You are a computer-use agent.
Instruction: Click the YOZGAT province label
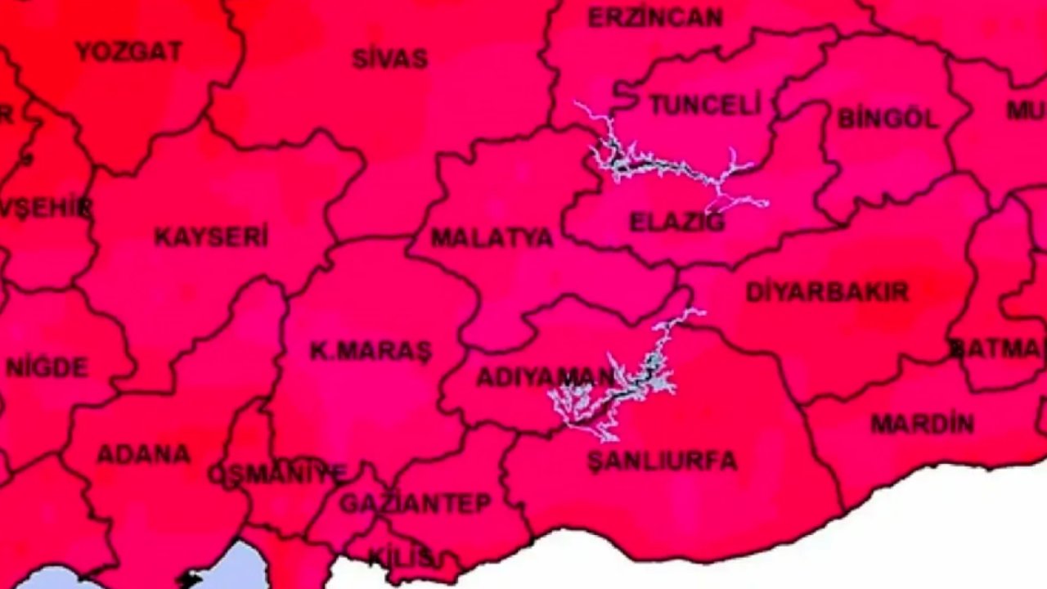click(128, 52)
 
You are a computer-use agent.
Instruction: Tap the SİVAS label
click(390, 59)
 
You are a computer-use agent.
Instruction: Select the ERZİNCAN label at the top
click(655, 17)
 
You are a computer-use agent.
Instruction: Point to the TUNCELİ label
click(705, 105)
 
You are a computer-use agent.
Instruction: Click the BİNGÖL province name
click(887, 119)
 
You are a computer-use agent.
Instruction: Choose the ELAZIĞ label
click(676, 222)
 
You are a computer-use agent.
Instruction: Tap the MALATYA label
click(492, 238)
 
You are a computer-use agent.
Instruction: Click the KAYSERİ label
click(211, 237)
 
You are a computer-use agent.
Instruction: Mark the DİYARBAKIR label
click(827, 292)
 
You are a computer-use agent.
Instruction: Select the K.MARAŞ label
click(371, 351)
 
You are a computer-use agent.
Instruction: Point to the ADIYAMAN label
click(544, 377)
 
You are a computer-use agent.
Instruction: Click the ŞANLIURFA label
click(662, 461)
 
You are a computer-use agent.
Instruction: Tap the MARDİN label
click(922, 424)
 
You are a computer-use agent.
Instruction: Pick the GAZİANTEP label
click(416, 503)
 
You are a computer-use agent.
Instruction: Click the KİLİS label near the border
click(400, 557)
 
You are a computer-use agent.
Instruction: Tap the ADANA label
click(144, 454)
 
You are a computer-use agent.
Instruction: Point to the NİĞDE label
click(47, 367)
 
